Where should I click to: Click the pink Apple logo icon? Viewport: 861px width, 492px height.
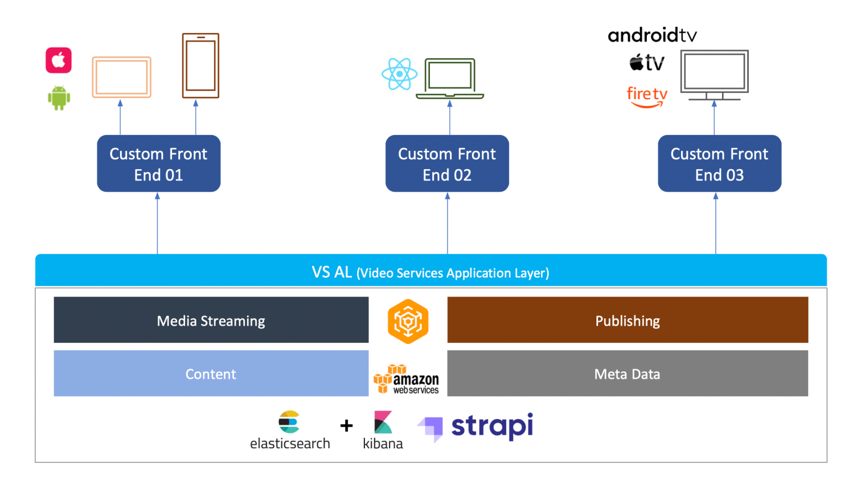click(59, 60)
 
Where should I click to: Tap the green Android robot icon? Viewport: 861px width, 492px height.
click(59, 98)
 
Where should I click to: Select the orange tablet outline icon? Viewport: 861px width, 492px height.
click(122, 77)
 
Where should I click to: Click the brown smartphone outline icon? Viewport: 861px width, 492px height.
click(201, 66)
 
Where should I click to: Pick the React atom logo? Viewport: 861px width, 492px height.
click(399, 74)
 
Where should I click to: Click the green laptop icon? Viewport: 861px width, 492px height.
click(450, 78)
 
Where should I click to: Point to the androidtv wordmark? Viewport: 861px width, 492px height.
click(652, 35)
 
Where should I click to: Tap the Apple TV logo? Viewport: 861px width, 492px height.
click(647, 62)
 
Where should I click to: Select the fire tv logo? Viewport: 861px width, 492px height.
click(647, 96)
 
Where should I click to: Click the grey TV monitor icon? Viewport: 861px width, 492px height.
click(714, 75)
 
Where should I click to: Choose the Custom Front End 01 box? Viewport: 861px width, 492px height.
click(159, 164)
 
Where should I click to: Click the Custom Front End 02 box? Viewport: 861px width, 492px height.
click(447, 164)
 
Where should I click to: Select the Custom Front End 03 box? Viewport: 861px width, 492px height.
click(719, 164)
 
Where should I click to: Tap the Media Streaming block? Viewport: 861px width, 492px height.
click(211, 320)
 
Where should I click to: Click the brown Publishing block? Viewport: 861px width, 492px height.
click(627, 320)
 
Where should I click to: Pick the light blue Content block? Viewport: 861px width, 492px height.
click(211, 374)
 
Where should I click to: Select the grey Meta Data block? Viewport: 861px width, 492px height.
click(627, 374)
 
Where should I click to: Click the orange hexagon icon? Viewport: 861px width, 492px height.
click(408, 321)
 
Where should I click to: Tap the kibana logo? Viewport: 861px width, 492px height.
click(383, 430)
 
